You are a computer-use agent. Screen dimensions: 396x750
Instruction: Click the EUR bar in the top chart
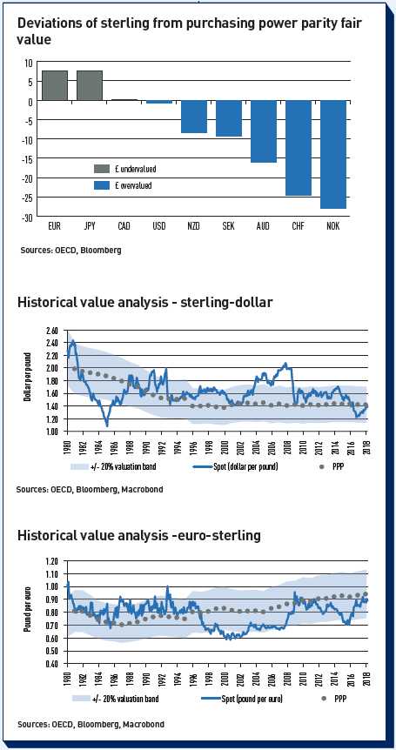tap(55, 85)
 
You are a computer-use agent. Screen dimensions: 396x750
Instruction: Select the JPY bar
tap(90, 85)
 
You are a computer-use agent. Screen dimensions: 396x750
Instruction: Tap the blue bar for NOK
tap(332, 155)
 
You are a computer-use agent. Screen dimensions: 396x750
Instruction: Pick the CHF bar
tap(299, 148)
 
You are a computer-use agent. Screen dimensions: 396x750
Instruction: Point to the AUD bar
tap(264, 131)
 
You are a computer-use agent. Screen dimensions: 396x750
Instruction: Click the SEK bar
tap(229, 118)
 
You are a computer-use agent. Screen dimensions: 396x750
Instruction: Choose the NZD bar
tap(194, 117)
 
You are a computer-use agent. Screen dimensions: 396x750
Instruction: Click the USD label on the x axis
tap(158, 226)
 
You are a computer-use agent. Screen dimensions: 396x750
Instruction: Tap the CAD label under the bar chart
tap(124, 226)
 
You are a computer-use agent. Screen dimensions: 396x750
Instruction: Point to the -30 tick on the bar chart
tap(27, 218)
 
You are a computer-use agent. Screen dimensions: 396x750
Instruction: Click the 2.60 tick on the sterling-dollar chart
tap(50, 331)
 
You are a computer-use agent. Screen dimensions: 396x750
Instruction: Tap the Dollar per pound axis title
tap(28, 377)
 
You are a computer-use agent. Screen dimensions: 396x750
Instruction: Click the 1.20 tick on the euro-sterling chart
tap(51, 561)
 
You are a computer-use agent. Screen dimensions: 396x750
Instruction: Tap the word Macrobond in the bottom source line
tap(143, 724)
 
